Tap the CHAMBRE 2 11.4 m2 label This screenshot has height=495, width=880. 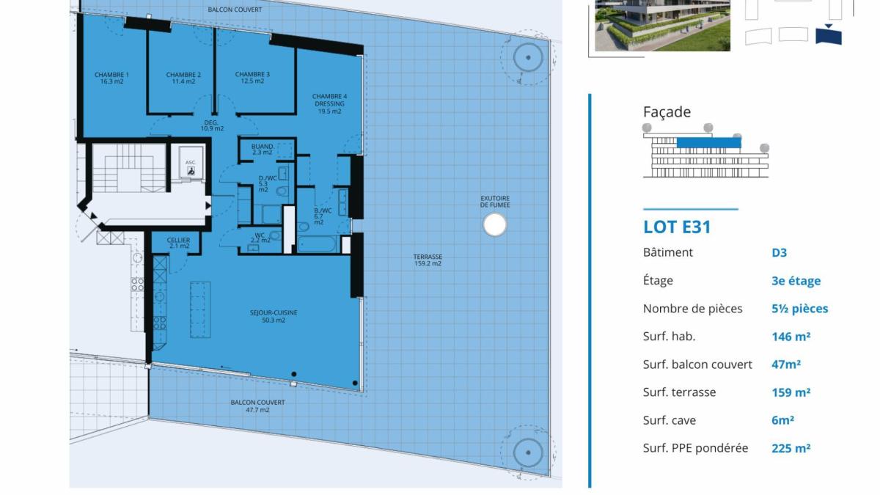click(183, 78)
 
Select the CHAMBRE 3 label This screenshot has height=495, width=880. click(252, 74)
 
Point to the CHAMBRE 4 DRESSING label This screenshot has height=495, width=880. click(329, 100)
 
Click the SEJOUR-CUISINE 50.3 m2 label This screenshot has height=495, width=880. click(274, 316)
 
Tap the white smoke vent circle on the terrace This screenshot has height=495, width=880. click(494, 224)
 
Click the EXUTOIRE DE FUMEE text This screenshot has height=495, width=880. click(495, 202)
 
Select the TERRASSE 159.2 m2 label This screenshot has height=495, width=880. click(428, 260)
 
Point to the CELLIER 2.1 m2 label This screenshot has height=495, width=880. click(178, 243)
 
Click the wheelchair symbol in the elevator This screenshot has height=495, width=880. click(191, 171)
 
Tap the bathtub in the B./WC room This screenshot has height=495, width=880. click(317, 244)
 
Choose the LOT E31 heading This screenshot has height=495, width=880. click(677, 227)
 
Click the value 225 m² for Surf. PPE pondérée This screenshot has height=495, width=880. click(791, 448)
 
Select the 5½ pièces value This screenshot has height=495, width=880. click(800, 309)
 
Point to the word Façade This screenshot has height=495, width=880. click(667, 112)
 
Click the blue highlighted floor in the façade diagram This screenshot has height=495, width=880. click(708, 142)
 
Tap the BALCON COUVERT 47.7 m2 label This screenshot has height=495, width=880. click(257, 406)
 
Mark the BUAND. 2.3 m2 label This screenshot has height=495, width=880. click(262, 150)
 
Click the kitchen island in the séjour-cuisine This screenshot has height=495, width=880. click(200, 309)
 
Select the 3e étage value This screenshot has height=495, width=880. click(796, 281)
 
